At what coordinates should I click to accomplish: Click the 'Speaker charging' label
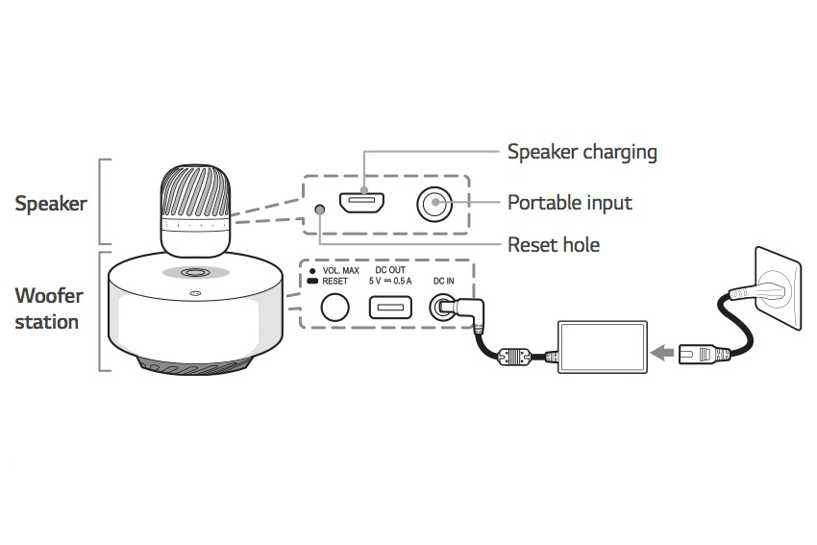point(582,152)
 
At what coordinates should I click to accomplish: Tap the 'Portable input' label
point(570,203)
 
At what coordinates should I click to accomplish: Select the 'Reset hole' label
point(554,245)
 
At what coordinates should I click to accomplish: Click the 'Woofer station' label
point(48,309)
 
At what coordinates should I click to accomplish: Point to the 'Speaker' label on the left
point(51,204)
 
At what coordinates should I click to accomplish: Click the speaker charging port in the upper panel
point(362,203)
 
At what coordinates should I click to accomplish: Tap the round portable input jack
point(434,204)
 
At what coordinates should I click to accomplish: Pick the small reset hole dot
point(320,210)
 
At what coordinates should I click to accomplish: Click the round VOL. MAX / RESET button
point(334,308)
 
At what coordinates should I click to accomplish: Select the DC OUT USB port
point(390,308)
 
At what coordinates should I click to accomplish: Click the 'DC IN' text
point(443,282)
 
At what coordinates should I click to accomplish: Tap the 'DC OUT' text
point(390,270)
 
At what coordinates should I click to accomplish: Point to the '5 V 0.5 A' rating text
point(390,282)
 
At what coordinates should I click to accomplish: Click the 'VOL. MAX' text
point(341,270)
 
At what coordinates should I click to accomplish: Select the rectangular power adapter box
point(603,347)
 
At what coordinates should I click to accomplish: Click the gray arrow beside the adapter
point(662,353)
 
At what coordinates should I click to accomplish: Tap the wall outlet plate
point(779,288)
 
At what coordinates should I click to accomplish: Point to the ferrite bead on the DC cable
point(514,357)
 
